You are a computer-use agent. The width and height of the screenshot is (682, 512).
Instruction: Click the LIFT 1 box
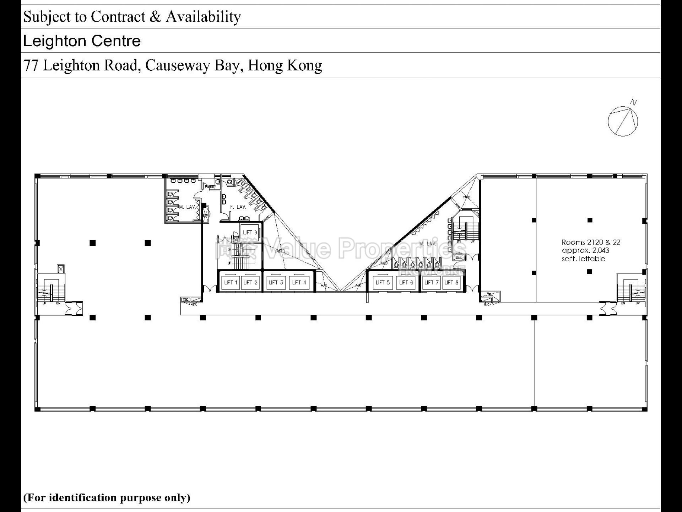point(231,283)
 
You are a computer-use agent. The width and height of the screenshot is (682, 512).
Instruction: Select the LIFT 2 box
point(250,283)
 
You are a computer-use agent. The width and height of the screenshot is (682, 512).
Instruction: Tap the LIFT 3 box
point(276,283)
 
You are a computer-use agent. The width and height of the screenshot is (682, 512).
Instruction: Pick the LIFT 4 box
point(299,283)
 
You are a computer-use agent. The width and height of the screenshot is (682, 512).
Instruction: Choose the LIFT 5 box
point(383,283)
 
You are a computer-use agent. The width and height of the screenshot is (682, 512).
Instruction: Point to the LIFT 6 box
point(406,283)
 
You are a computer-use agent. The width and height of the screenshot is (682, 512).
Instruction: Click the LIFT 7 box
point(432,283)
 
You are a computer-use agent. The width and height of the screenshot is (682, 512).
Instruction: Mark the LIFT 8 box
point(451,283)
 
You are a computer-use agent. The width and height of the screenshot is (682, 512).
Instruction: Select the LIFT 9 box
point(250,233)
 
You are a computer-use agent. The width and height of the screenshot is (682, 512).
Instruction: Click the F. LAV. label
point(238,207)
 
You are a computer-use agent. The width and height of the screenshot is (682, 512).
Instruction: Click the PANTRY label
point(210,187)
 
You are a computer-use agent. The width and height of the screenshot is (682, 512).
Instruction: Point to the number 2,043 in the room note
point(600,250)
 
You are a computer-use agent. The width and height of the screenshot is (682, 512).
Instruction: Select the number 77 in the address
point(31,65)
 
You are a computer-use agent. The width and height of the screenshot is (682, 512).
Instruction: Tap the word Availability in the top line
point(203,17)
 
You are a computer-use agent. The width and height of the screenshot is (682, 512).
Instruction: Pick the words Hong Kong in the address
point(285,65)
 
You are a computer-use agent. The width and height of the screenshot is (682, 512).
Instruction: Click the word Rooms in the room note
point(573,242)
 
